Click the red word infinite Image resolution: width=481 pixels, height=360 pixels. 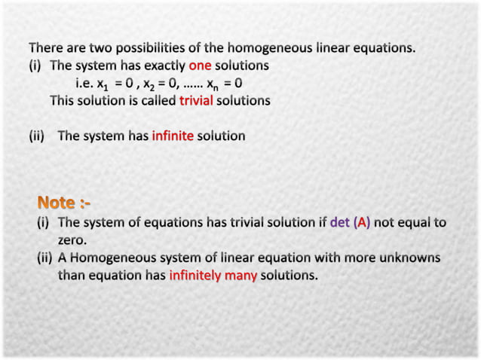pyautogui.click(x=173, y=136)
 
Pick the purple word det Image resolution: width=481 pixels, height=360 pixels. pyautogui.click(x=340, y=223)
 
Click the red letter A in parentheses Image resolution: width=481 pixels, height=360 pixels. pyautogui.click(x=361, y=223)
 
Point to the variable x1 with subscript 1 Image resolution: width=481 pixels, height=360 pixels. pyautogui.click(x=103, y=84)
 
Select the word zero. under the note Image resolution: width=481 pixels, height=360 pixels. pyautogui.click(x=72, y=240)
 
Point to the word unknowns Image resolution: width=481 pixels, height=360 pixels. pyautogui.click(x=409, y=258)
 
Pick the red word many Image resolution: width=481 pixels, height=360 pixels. pyautogui.click(x=240, y=276)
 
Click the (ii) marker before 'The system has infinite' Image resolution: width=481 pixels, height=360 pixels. pyautogui.click(x=38, y=136)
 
